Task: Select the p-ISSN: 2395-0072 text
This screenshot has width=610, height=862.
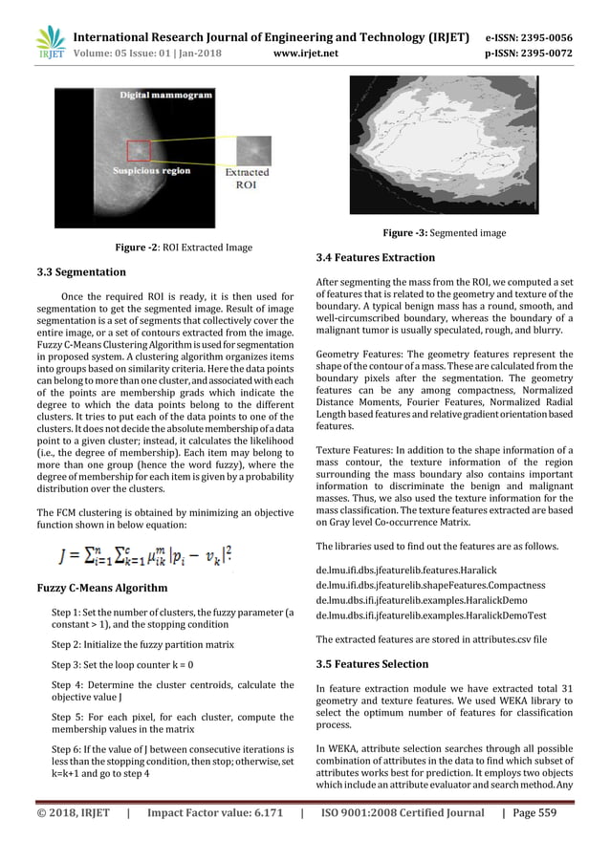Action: point(534,54)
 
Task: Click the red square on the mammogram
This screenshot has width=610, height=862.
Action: point(140,151)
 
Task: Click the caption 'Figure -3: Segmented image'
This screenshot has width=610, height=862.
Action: point(444,233)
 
